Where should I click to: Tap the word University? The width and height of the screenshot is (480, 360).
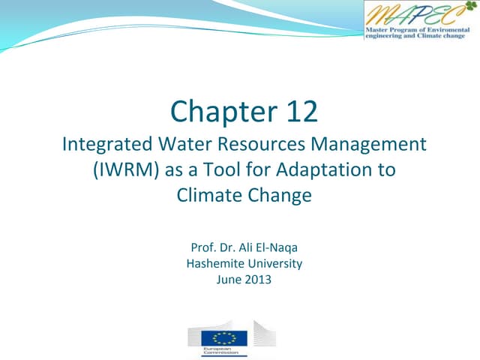coord(276,263)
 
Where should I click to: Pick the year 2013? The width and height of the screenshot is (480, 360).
coord(256,280)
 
